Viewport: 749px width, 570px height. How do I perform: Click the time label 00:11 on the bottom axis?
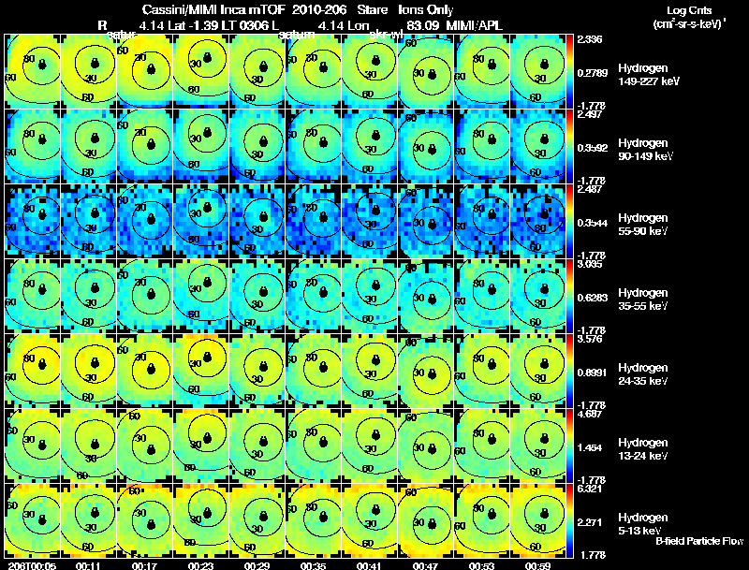(89, 564)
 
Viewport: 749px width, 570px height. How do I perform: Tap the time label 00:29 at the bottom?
(257, 564)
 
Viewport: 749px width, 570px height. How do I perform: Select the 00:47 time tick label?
(426, 564)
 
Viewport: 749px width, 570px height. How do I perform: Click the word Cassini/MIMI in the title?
(174, 8)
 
